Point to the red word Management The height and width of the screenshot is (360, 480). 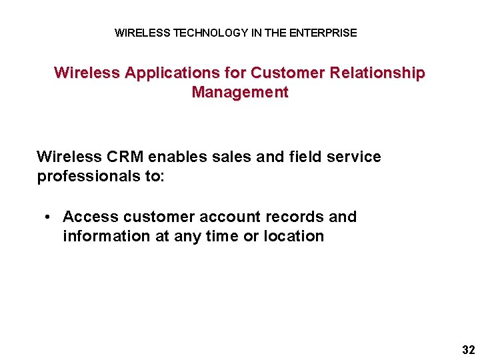[240, 92]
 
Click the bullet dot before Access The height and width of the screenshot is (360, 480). [49, 217]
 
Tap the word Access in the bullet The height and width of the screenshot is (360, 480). [91, 217]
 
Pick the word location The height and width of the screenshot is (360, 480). [294, 236]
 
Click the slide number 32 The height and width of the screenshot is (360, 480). [468, 349]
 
